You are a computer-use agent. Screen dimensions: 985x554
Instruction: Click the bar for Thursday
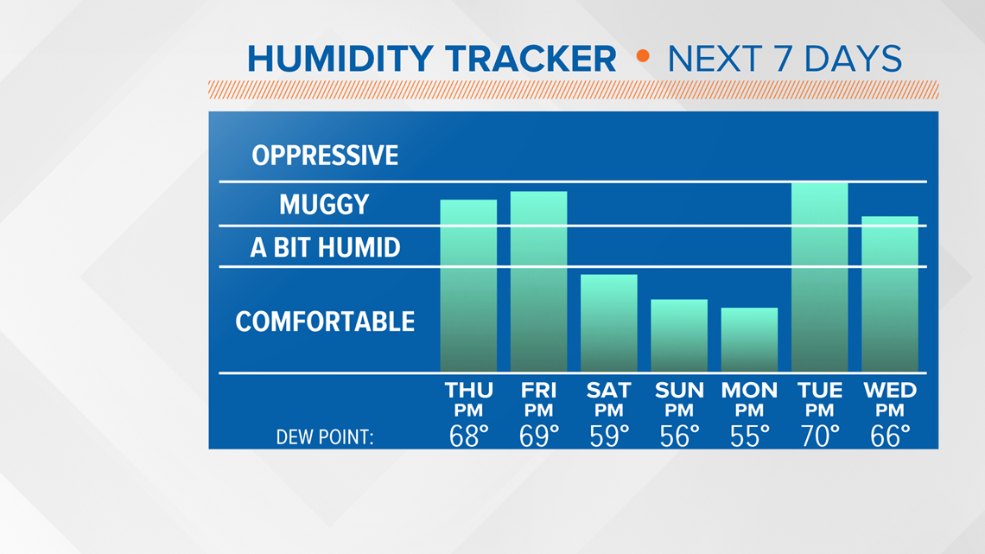(x=468, y=285)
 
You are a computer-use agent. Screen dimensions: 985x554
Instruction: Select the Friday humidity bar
(x=539, y=282)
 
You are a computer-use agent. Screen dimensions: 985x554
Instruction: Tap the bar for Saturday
(x=609, y=323)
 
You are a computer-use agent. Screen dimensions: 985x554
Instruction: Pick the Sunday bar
(x=679, y=335)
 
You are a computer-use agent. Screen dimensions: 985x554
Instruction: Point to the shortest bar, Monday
(x=749, y=339)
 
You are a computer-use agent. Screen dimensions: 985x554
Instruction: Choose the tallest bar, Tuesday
(x=820, y=277)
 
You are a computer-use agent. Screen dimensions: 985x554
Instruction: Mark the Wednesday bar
(x=890, y=294)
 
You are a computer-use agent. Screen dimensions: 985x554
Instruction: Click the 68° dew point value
(x=468, y=436)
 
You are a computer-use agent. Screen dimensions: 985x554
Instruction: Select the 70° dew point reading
(x=820, y=436)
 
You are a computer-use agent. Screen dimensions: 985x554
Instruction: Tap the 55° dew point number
(x=749, y=436)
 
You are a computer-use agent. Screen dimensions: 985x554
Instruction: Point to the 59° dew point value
(x=609, y=436)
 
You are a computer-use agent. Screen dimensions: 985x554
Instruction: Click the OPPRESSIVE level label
(x=325, y=156)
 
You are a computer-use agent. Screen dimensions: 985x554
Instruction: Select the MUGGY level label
(x=324, y=204)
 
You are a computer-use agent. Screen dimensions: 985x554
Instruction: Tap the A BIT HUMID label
(x=325, y=247)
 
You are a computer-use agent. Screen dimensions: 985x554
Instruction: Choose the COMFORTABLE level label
(x=325, y=322)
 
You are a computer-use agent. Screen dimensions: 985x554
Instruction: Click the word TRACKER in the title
(x=531, y=59)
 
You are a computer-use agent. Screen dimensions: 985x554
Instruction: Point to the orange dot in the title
(x=643, y=56)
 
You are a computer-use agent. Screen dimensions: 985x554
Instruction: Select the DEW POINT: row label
(x=325, y=437)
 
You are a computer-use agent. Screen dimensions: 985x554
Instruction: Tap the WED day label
(x=890, y=391)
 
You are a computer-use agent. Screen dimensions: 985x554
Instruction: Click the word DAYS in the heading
(x=853, y=59)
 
